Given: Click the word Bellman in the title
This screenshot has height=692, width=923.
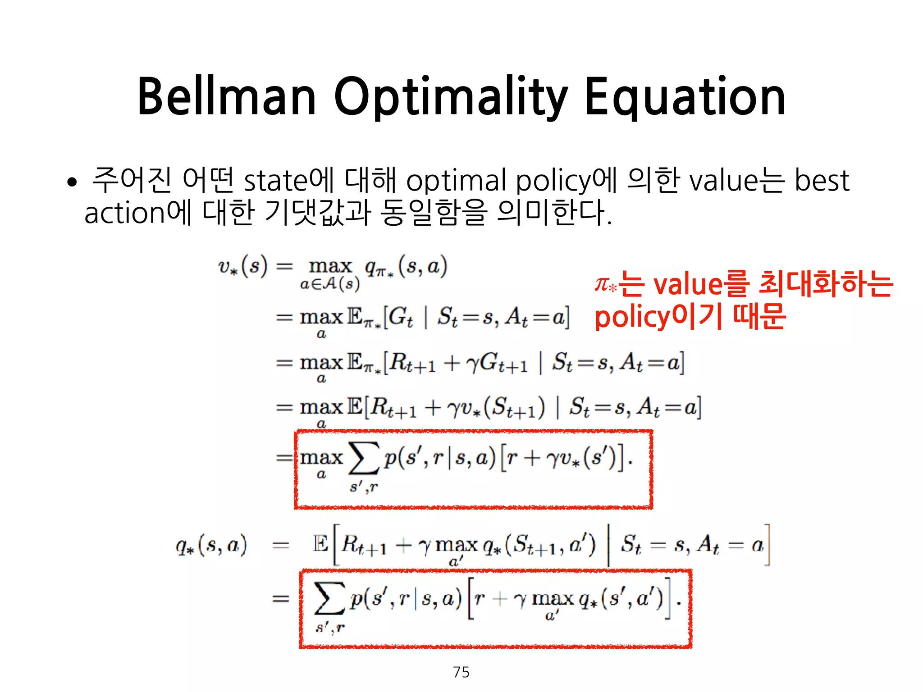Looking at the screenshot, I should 227,97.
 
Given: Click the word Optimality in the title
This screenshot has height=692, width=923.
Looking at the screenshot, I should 450,97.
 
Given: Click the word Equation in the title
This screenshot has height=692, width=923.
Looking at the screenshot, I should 685,97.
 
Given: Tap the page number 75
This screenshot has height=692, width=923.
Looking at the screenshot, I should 461,672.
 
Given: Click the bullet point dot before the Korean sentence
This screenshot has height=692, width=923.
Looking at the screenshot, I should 72,182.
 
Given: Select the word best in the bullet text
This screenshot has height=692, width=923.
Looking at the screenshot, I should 821,180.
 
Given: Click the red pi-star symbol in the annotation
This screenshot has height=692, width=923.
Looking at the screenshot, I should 605,285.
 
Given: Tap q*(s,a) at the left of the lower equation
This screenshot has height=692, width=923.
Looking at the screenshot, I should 211,546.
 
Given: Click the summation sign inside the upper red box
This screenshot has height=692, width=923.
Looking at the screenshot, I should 363,459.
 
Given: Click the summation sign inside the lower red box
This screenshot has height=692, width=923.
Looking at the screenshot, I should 329,598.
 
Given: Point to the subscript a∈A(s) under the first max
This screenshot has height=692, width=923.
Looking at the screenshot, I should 330,284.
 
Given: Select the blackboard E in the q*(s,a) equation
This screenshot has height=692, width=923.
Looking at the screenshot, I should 320,544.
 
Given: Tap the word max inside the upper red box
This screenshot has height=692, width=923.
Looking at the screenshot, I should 321,458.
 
